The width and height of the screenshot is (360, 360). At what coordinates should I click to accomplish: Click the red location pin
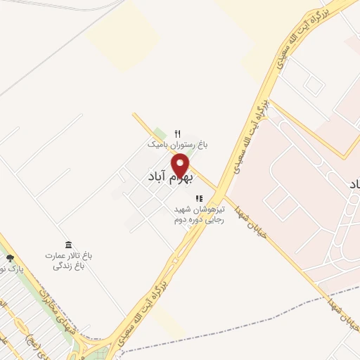pyautogui.click(x=181, y=166)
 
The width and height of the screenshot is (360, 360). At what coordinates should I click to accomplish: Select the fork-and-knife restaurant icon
pyautogui.click(x=177, y=134)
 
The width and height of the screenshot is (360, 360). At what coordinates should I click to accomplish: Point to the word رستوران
pyautogui.click(x=179, y=144)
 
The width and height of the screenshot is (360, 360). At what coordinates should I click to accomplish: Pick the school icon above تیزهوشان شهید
pyautogui.click(x=199, y=198)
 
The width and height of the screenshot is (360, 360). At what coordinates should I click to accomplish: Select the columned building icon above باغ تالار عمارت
pyautogui.click(x=68, y=245)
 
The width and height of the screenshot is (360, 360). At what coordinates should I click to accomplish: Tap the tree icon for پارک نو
pyautogui.click(x=10, y=259)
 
